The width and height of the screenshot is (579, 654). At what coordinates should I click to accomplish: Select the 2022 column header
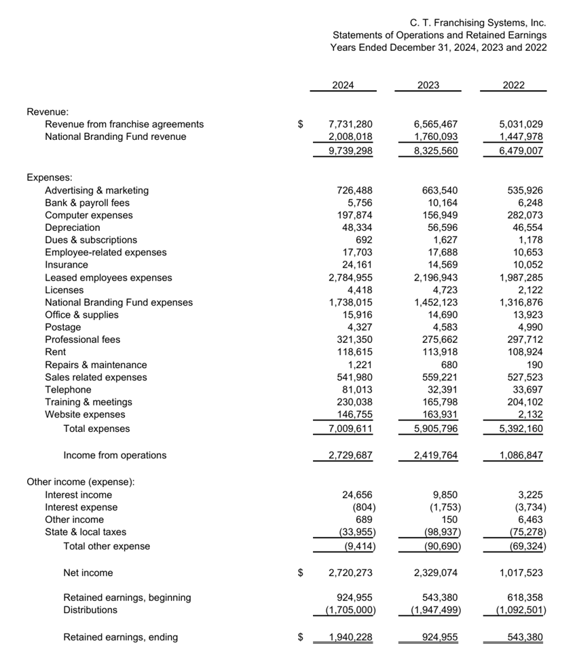(x=513, y=86)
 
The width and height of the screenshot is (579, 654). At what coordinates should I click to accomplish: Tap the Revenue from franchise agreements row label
(x=124, y=124)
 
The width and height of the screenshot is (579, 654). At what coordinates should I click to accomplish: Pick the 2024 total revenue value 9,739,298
(x=350, y=151)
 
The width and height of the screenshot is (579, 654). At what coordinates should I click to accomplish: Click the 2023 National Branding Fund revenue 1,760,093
(x=435, y=137)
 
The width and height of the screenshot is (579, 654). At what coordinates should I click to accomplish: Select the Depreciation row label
(x=72, y=228)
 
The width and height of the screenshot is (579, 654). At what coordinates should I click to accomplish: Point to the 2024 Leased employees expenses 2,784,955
(x=350, y=278)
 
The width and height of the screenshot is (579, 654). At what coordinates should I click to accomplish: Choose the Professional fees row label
(x=82, y=340)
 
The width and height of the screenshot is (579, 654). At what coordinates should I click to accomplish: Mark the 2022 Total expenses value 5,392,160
(x=521, y=429)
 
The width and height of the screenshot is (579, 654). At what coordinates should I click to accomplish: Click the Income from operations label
(x=114, y=456)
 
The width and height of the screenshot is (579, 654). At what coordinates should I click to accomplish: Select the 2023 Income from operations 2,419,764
(x=435, y=456)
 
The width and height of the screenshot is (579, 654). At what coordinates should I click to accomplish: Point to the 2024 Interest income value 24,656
(x=355, y=495)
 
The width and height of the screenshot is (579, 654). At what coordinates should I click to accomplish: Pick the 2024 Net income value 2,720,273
(x=350, y=573)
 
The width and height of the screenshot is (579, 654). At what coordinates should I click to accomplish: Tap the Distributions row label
(x=90, y=610)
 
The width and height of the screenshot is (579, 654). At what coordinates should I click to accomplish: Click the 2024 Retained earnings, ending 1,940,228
(x=350, y=638)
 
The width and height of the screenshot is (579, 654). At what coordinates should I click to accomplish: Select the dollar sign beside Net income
(x=300, y=573)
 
